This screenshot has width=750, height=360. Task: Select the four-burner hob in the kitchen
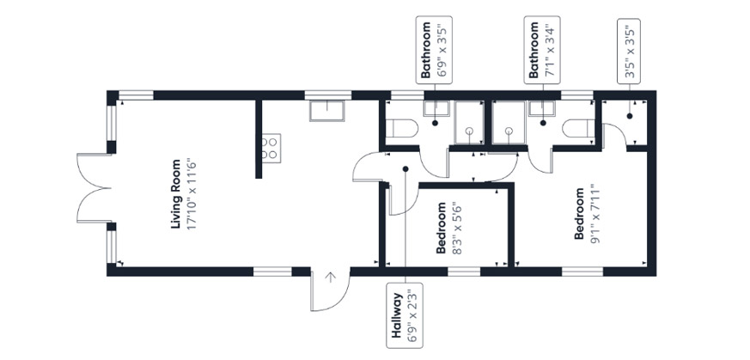[269, 148]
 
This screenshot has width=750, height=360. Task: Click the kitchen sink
[326, 110]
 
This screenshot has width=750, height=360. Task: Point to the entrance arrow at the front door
[330, 278]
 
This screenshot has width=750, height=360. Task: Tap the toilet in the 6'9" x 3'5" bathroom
[401, 128]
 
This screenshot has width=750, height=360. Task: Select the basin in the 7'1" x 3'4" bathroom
[541, 109]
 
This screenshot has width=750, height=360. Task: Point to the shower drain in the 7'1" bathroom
[509, 131]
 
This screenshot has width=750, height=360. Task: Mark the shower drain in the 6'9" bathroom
[469, 131]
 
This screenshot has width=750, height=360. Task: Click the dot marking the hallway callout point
[405, 168]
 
